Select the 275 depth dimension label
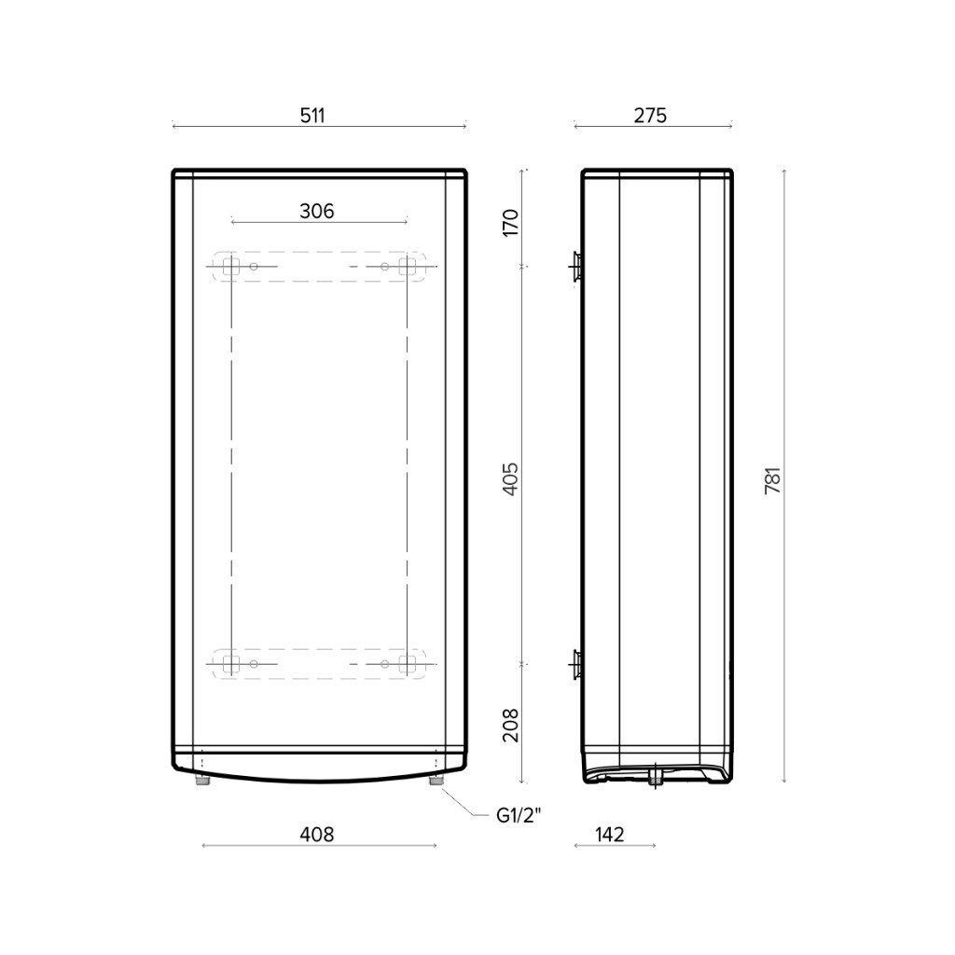point(650,115)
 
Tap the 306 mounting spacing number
point(316,212)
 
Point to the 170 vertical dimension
point(510,222)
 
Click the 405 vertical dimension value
point(510,478)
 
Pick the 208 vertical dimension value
point(510,725)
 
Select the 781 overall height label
point(772,478)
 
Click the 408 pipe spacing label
point(316,834)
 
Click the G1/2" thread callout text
point(519,816)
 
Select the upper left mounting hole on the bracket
point(254,268)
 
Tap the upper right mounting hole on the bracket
point(384,268)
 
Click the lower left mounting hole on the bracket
point(254,664)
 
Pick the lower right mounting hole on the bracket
point(384,664)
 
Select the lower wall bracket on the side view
point(576,664)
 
